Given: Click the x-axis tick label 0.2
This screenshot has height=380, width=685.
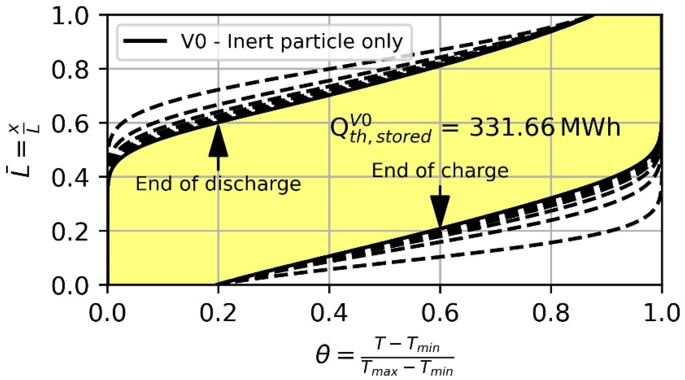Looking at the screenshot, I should [x=218, y=313].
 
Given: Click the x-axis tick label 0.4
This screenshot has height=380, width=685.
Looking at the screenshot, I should [x=329, y=313].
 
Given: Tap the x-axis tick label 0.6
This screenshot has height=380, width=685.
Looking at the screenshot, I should [x=440, y=313].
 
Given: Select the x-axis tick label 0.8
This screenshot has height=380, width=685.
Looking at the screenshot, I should [x=551, y=313].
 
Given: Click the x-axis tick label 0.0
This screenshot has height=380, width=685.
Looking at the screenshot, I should [x=107, y=313].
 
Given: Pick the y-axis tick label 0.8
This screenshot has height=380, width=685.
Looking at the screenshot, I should [x=70, y=69].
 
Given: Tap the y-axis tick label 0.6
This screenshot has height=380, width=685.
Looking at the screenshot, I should [x=70, y=123].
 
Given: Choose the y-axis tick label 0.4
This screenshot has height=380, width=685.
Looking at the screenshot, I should [x=70, y=177].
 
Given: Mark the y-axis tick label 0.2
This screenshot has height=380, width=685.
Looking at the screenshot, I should [x=70, y=231].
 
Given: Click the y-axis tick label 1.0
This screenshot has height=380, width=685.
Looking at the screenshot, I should [x=70, y=15].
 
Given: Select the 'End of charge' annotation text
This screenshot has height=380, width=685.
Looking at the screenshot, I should [x=440, y=171].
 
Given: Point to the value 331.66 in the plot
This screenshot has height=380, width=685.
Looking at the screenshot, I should [x=511, y=128].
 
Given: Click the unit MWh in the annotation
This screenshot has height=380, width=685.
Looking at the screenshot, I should [x=590, y=128].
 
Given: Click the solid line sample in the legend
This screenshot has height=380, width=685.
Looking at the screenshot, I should [x=145, y=41].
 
